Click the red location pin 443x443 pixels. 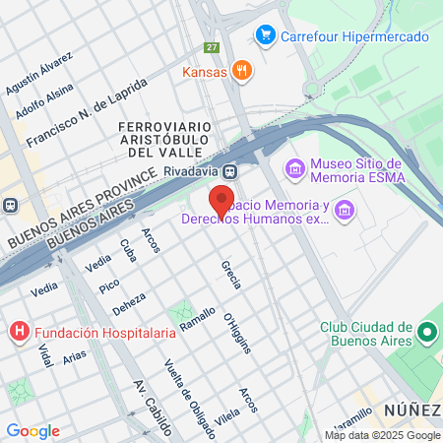tap(221, 200)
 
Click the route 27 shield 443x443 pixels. tap(212, 47)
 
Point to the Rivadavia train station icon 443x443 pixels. tap(228, 170)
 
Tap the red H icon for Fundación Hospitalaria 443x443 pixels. tap(18, 332)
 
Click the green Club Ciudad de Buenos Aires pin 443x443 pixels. tap(427, 334)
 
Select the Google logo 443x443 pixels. tap(32, 431)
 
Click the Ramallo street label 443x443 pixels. tap(197, 326)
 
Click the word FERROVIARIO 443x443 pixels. tap(159, 127)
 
